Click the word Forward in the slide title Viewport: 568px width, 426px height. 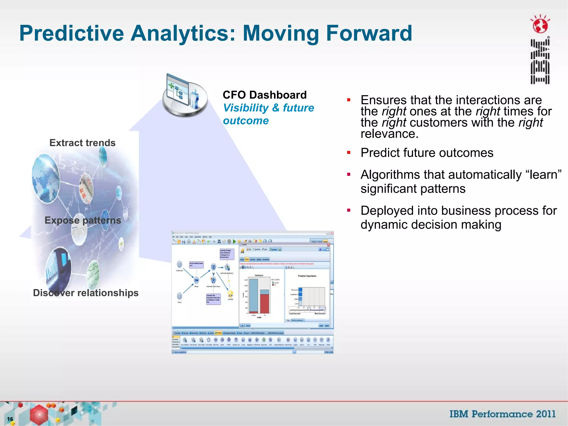[369, 33]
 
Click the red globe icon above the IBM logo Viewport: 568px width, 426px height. [540, 26]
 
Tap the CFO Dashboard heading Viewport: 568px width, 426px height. [265, 95]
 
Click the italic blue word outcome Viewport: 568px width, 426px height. [246, 121]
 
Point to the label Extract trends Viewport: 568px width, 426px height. [82, 143]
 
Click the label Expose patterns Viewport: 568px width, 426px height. [83, 220]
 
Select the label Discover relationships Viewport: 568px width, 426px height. [86, 293]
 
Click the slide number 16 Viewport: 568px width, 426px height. [10, 419]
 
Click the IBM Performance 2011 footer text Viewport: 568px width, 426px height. [502, 414]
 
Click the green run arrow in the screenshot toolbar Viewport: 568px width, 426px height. [234, 242]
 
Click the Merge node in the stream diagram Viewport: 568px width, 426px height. [196, 280]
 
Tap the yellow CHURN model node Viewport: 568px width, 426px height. [230, 293]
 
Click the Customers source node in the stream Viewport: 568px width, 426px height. [179, 264]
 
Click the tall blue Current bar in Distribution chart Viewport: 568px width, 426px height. [253, 295]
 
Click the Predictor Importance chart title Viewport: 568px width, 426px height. [307, 276]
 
